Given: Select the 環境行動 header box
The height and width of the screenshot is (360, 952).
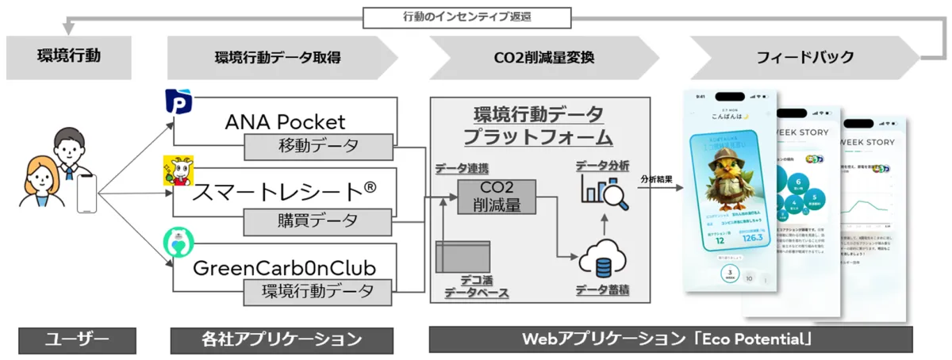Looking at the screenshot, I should tap(68, 57).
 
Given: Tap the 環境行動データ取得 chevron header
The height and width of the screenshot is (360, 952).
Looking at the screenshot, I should tap(278, 57).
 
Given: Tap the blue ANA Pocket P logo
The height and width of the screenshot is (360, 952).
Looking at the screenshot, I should tap(175, 102).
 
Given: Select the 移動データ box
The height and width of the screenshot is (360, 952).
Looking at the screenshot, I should tap(318, 147).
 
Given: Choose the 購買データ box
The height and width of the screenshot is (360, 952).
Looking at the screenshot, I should tap(318, 220).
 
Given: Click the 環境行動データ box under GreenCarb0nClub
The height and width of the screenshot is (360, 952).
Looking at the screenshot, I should tap(318, 291).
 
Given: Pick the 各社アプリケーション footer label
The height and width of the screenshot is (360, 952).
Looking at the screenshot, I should tap(266, 340).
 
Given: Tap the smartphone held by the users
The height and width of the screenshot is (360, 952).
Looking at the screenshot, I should tap(86, 193).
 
